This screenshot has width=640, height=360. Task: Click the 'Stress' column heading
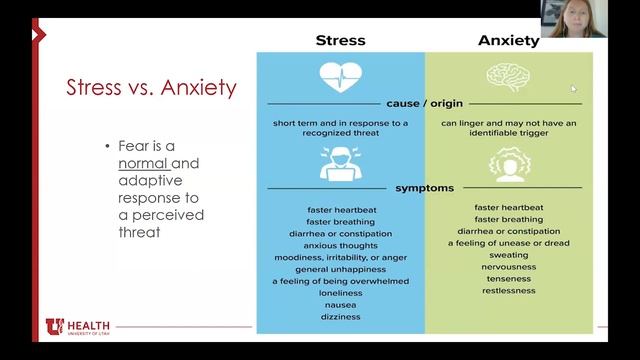pyautogui.click(x=340, y=41)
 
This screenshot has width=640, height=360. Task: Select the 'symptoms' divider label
pyautogui.click(x=423, y=187)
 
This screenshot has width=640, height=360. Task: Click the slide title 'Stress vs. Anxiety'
pyautogui.click(x=150, y=87)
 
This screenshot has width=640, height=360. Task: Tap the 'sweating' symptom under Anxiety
pyautogui.click(x=508, y=255)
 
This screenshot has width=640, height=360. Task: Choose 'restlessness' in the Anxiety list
pyautogui.click(x=508, y=291)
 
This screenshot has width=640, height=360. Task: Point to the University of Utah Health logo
pyautogui.click(x=77, y=327)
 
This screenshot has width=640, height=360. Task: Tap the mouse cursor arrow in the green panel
pyautogui.click(x=574, y=88)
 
